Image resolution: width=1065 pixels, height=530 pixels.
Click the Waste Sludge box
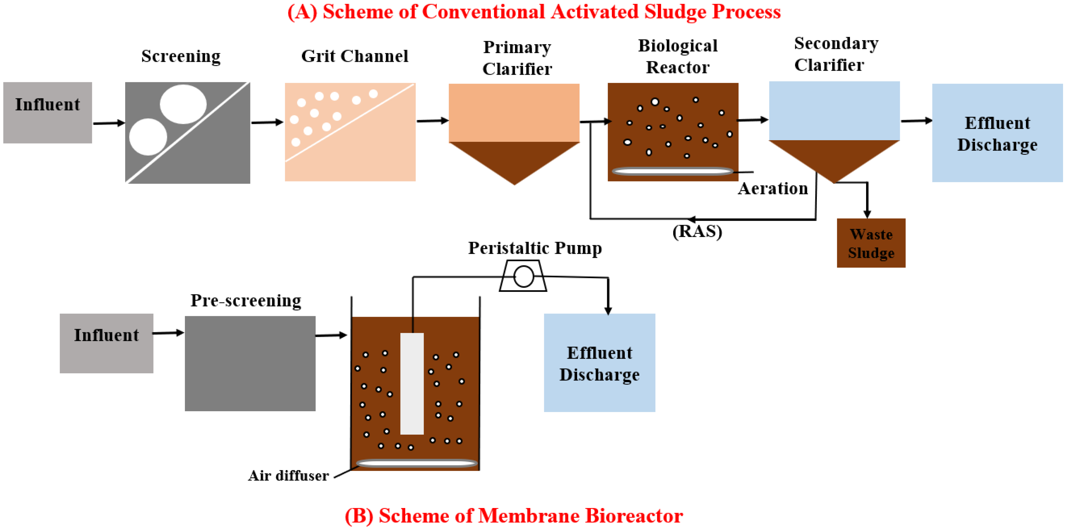pyautogui.click(x=871, y=243)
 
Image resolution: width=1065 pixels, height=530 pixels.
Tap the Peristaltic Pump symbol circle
pyautogui.click(x=523, y=276)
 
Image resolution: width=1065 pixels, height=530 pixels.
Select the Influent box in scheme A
pyautogui.click(x=48, y=112)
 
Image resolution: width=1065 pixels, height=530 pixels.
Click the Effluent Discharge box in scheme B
pyautogui.click(x=599, y=363)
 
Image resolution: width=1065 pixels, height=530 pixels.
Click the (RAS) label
pyautogui.click(x=697, y=231)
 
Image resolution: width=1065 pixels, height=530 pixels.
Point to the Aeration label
pyautogui.click(x=773, y=189)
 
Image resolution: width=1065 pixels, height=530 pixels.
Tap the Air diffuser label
pyautogui.click(x=288, y=476)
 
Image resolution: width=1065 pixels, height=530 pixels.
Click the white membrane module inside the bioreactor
pyautogui.click(x=412, y=383)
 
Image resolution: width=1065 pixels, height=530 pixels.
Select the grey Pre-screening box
pyautogui.click(x=250, y=363)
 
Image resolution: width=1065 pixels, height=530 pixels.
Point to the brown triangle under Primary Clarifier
pyautogui.click(x=514, y=159)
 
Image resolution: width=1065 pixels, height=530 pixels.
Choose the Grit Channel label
pyautogui.click(x=354, y=56)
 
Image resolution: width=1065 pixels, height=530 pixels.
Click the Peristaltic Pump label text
pyautogui.click(x=535, y=248)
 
